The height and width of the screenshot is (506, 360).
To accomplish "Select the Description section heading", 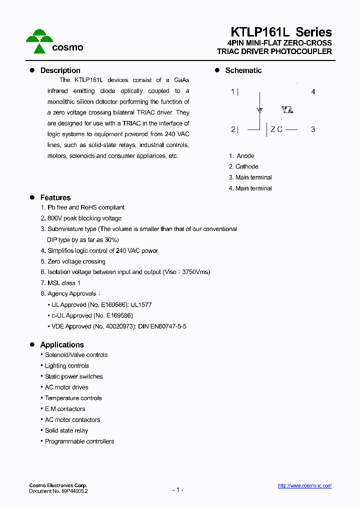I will point(60,70).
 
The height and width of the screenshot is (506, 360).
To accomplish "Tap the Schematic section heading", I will point(243,70).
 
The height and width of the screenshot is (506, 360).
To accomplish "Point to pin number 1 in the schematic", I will point(232,92).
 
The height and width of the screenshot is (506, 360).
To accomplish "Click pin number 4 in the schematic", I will point(313,92).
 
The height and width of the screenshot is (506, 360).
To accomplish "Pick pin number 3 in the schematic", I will point(313,129).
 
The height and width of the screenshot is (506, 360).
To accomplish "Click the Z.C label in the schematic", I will point(276,129).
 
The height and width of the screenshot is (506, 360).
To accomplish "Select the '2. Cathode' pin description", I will point(243,166).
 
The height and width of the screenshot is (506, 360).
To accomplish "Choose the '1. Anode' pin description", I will point(241,156).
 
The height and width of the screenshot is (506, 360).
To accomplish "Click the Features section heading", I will point(55,197).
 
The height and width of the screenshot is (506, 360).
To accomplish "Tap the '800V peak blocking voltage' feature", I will point(84,218).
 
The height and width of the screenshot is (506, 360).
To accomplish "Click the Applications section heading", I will point(61,345).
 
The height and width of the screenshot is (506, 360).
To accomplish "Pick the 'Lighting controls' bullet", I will point(66,366).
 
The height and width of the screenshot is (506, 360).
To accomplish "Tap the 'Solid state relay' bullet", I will point(66,430).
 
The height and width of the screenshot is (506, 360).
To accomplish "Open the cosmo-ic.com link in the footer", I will point(304,486).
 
